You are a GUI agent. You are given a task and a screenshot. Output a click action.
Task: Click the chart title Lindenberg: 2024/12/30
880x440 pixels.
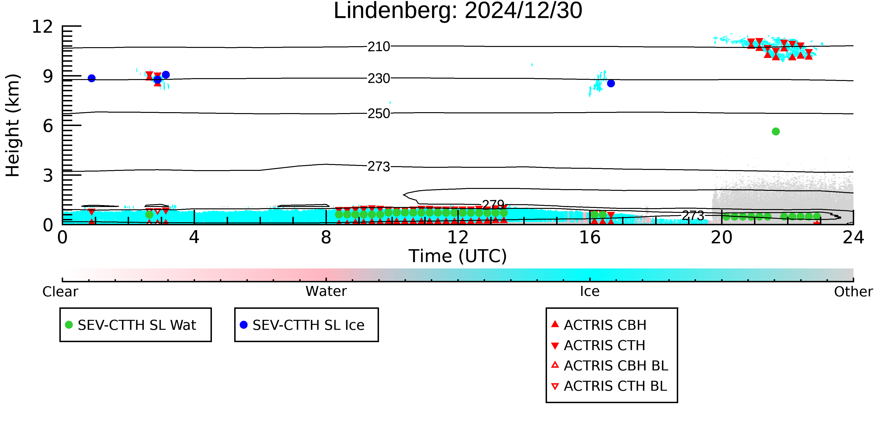tap(458, 11)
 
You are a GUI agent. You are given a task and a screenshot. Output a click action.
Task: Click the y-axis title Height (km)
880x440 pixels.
tap(13, 125)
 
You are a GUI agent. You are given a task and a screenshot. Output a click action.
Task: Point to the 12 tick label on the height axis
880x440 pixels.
tap(42, 27)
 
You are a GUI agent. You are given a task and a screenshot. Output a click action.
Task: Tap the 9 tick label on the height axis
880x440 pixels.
tap(48, 76)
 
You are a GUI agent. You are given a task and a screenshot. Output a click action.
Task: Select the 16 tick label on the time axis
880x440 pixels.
tap(590, 237)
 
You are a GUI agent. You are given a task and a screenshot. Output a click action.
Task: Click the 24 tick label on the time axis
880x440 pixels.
tap(853, 237)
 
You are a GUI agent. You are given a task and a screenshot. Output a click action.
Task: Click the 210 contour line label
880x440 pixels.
tap(379, 47)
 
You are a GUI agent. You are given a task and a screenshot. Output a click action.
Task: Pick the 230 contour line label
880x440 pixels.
tap(379, 79)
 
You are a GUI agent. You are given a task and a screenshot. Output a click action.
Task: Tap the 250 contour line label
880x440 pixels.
tap(379, 113)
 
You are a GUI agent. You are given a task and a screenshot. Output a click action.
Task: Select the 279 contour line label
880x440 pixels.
tap(493, 205)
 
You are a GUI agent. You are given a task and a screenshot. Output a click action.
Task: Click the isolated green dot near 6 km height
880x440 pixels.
tap(776, 131)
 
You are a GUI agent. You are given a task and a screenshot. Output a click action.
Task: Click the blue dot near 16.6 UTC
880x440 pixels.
tap(611, 83)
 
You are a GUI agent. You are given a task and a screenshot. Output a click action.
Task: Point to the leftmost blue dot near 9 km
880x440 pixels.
tap(92, 78)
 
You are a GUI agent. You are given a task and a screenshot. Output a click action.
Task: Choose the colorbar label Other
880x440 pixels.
tap(853, 292)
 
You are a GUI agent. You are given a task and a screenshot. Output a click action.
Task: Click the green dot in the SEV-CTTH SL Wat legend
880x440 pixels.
tap(69, 325)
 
